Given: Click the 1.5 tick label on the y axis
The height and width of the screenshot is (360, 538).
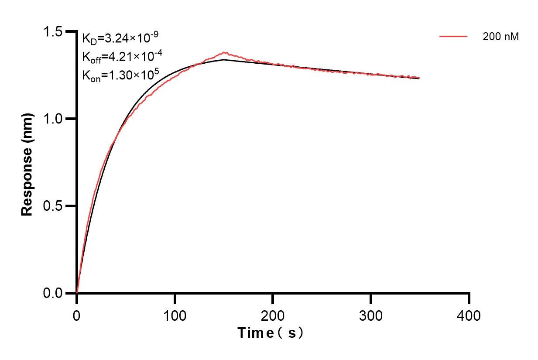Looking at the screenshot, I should [x=53, y=32].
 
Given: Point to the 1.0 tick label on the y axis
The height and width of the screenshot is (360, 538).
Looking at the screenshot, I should [x=53, y=119].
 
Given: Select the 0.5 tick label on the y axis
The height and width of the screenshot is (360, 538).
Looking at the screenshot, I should [x=53, y=206].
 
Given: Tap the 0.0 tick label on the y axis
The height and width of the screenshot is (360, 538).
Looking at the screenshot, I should [x=53, y=293].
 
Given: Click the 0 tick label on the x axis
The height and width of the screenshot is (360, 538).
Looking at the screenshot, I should [x=77, y=315].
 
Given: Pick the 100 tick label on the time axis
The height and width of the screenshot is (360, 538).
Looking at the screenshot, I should [x=175, y=315].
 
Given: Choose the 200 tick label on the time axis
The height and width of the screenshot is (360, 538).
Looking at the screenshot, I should [x=273, y=315].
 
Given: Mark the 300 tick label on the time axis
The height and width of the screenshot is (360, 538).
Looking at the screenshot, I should [x=371, y=315].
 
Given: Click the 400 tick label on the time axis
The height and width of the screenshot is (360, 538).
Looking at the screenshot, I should [x=469, y=315].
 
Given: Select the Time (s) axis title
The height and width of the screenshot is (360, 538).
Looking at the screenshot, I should [x=271, y=333].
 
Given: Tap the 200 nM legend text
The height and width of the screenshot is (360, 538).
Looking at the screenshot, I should [x=500, y=37].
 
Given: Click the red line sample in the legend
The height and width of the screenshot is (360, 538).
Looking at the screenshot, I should [x=453, y=37].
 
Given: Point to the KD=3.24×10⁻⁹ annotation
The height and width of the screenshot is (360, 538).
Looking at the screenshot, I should [x=117, y=38].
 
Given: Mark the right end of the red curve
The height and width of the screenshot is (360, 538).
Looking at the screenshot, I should [x=419, y=78].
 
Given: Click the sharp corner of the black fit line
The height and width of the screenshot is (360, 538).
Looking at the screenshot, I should [x=224, y=60].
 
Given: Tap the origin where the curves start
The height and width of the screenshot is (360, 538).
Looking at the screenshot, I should [x=77, y=293].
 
